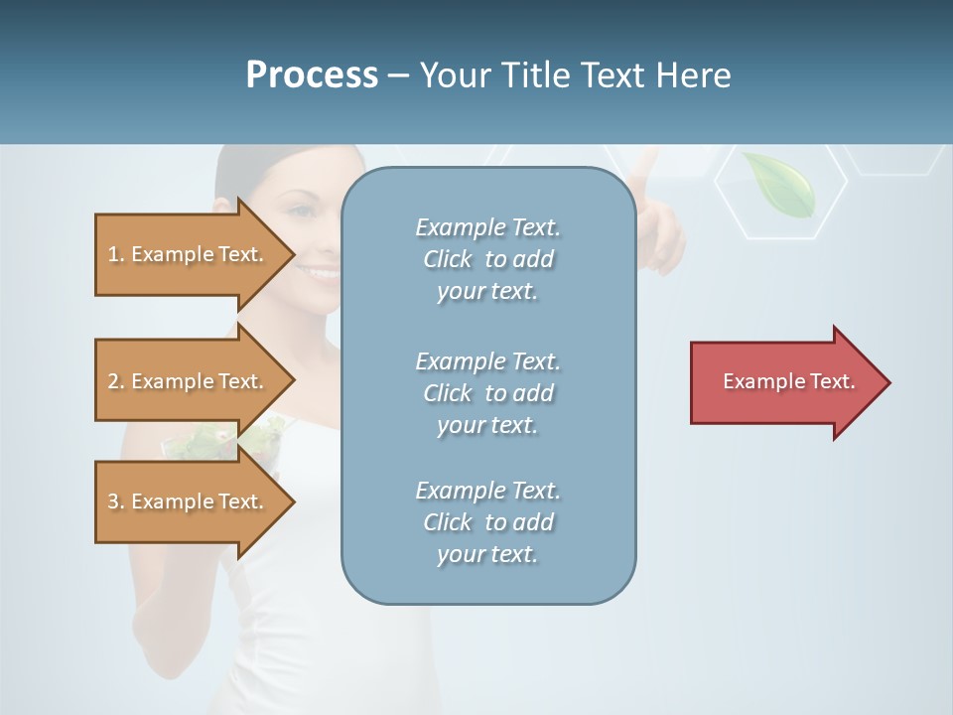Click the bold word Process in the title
point(312,75)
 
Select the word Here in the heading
point(694,75)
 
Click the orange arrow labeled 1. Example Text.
point(189,254)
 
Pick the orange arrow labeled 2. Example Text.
point(189,381)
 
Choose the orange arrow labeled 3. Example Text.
point(189,501)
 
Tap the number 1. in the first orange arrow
point(115,254)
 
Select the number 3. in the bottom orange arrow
point(115,501)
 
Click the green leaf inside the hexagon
point(780,183)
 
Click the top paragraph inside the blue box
point(487,259)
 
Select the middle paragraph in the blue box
point(487,393)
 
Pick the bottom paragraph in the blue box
point(487,522)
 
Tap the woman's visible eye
point(302,212)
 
